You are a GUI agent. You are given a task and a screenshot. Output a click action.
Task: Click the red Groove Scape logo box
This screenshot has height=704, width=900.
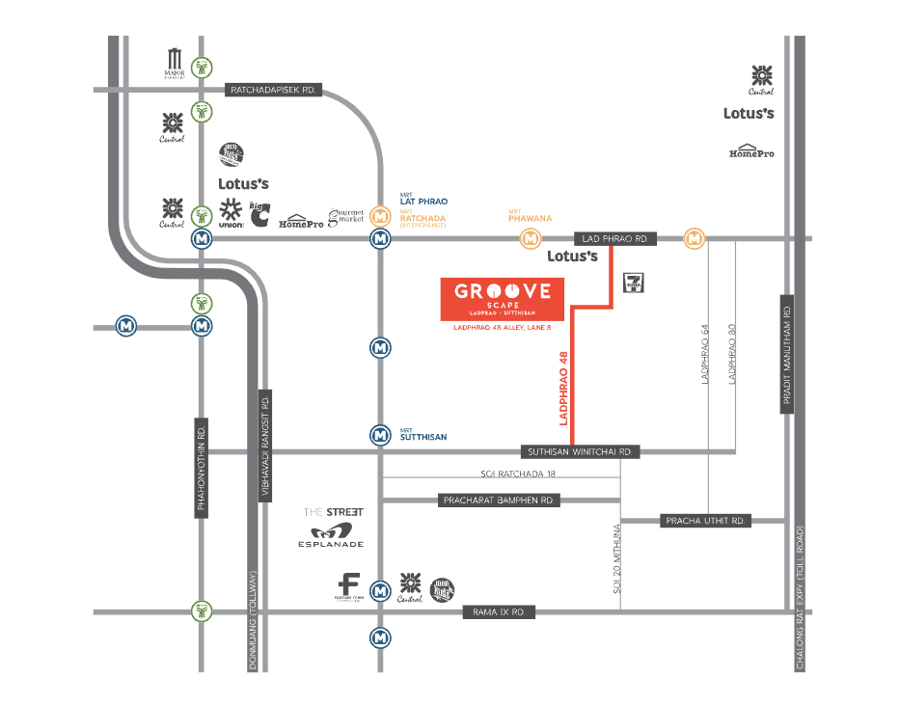tap(502, 299)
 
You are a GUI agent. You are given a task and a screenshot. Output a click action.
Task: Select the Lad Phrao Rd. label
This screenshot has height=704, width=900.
tap(615, 238)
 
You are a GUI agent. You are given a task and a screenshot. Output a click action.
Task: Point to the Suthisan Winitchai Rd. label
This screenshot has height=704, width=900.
tap(580, 451)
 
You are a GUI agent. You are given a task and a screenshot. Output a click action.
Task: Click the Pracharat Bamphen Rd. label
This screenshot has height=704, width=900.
tap(498, 501)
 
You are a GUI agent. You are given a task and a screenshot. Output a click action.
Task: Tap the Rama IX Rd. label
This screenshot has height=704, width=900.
tap(499, 612)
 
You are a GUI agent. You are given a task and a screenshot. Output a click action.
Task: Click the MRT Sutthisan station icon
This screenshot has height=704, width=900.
tap(381, 435)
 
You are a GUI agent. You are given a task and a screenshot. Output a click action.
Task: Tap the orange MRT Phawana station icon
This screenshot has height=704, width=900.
tap(530, 237)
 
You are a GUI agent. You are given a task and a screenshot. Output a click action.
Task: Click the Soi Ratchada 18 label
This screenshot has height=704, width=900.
tap(519, 474)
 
